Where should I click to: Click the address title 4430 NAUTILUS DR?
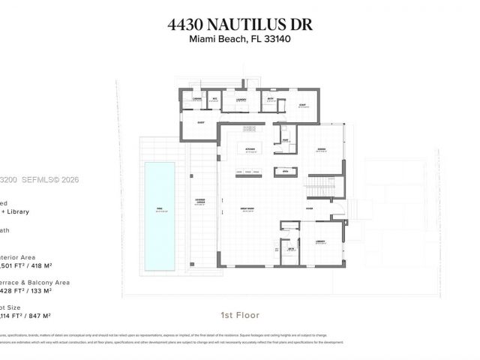tap(240, 25)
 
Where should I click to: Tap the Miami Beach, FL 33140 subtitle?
tap(240, 39)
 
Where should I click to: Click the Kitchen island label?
tap(250, 148)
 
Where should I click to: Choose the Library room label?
tap(320, 241)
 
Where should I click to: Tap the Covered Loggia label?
tap(201, 201)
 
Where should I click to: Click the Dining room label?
tap(320, 148)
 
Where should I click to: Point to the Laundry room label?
tap(241, 99)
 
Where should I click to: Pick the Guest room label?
tap(201, 122)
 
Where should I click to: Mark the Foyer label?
tap(309, 208)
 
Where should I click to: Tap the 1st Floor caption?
tap(240, 315)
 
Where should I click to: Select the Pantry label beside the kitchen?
tap(286, 139)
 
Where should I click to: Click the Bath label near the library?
tap(290, 249)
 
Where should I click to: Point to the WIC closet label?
tap(214, 99)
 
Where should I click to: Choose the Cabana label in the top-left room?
tap(197, 99)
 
